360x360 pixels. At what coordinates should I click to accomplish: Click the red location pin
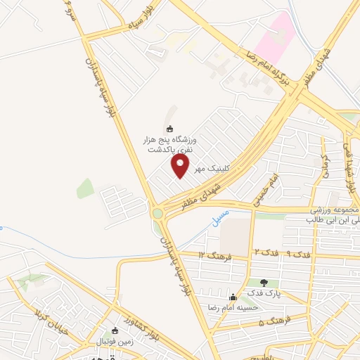pos(181,166)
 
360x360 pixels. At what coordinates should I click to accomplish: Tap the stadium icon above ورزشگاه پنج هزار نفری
pos(169,129)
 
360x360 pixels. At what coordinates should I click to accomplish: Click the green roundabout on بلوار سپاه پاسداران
pos(157,212)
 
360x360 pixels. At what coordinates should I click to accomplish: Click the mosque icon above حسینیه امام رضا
pos(233,298)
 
